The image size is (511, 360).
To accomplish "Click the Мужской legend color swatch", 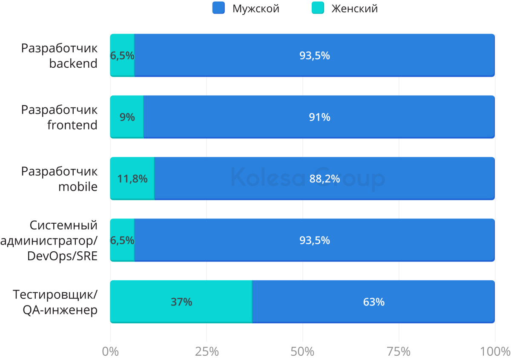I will click(218, 9).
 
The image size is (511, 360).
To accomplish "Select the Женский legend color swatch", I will click(318, 9).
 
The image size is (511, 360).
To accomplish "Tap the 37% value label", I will click(181, 302).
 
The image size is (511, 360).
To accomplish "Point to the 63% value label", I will click(374, 302).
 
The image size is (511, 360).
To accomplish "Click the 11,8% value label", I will click(132, 179).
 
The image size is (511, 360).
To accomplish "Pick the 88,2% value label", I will click(324, 179).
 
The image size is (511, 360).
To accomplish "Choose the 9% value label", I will click(127, 117).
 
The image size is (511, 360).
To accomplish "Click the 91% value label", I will click(320, 117).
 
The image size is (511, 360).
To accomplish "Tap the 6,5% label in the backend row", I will click(122, 56).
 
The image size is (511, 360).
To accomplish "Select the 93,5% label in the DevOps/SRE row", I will click(315, 240).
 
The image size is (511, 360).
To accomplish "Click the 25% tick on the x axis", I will click(207, 351).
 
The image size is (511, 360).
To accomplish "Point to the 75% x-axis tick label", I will click(399, 351).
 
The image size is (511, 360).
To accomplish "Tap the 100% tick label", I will click(495, 351).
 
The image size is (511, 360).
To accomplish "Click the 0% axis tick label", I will click(111, 351).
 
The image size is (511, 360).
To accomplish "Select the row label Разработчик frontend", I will click(59, 117).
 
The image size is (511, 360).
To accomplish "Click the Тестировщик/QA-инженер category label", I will click(55, 302).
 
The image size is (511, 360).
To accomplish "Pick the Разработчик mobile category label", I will click(59, 179).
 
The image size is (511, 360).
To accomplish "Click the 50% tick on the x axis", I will click(303, 351).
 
